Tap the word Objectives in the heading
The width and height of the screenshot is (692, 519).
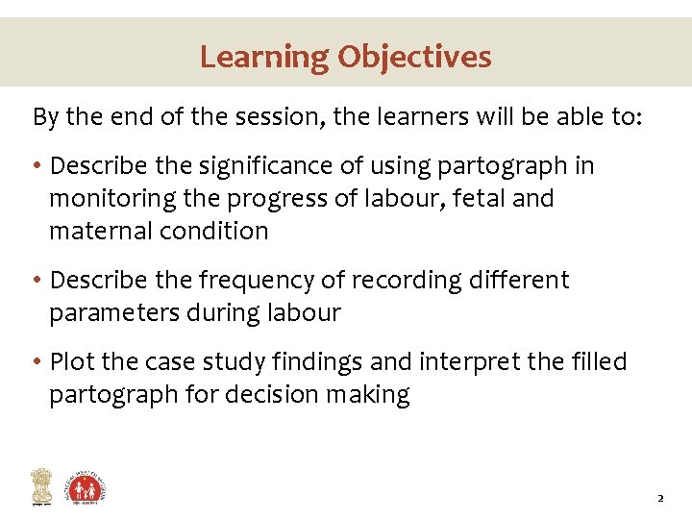413,57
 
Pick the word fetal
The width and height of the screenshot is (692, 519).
457,199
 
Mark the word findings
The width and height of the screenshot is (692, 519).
309,362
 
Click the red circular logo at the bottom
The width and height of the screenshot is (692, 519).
86,487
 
